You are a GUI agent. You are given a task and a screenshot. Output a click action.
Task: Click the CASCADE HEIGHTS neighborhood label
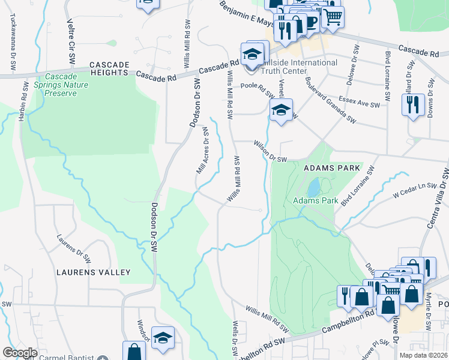point(109,68)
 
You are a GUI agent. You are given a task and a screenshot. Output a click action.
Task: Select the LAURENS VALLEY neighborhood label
point(93,272)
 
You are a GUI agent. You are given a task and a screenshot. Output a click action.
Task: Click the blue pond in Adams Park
point(313,188)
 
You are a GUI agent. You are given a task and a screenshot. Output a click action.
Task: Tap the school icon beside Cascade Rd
point(253,54)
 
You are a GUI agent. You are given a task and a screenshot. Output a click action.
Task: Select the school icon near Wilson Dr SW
point(280,110)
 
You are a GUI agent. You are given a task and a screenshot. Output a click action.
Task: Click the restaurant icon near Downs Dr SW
point(412,104)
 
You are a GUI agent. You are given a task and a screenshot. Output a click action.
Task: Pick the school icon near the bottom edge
point(163,338)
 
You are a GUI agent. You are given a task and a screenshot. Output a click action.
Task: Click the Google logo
point(20,353)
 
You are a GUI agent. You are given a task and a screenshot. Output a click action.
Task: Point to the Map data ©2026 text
point(423,355)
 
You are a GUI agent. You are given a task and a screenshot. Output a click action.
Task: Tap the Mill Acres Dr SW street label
point(202,151)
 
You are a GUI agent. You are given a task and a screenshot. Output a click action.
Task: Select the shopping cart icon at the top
point(333,17)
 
